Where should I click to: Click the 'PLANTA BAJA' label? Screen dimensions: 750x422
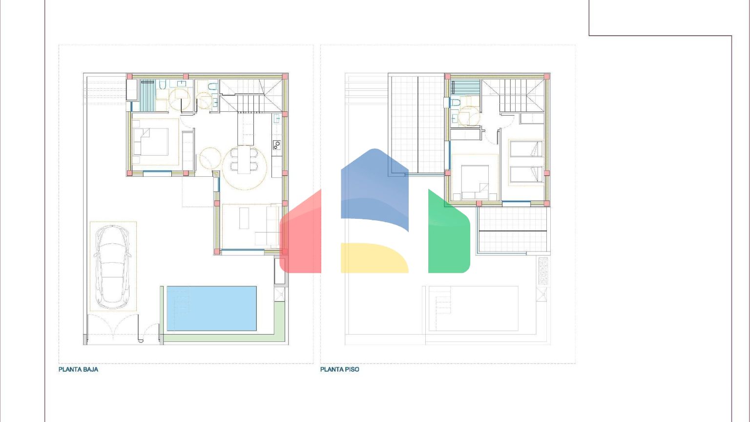pyautogui.click(x=78, y=369)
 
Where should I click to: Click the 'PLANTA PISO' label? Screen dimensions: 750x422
pyautogui.click(x=340, y=369)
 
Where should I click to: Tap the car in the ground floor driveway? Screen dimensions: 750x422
pyautogui.click(x=112, y=267)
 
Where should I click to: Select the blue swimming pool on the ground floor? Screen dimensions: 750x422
pyautogui.click(x=211, y=309)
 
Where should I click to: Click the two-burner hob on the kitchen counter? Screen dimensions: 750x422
pyautogui.click(x=277, y=145)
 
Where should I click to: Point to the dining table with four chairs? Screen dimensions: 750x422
pyautogui.click(x=244, y=159)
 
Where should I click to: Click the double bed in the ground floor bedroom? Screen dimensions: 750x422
pyautogui.click(x=151, y=142)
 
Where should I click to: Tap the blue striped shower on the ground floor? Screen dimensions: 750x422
pyautogui.click(x=147, y=95)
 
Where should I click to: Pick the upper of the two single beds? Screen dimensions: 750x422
pyautogui.click(x=526, y=149)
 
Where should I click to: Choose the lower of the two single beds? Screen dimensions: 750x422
pyautogui.click(x=526, y=174)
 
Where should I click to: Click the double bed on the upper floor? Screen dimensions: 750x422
pyautogui.click(x=475, y=182)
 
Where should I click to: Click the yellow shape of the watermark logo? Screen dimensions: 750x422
pyautogui.click(x=375, y=257)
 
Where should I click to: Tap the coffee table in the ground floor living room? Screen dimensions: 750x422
pyautogui.click(x=244, y=218)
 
